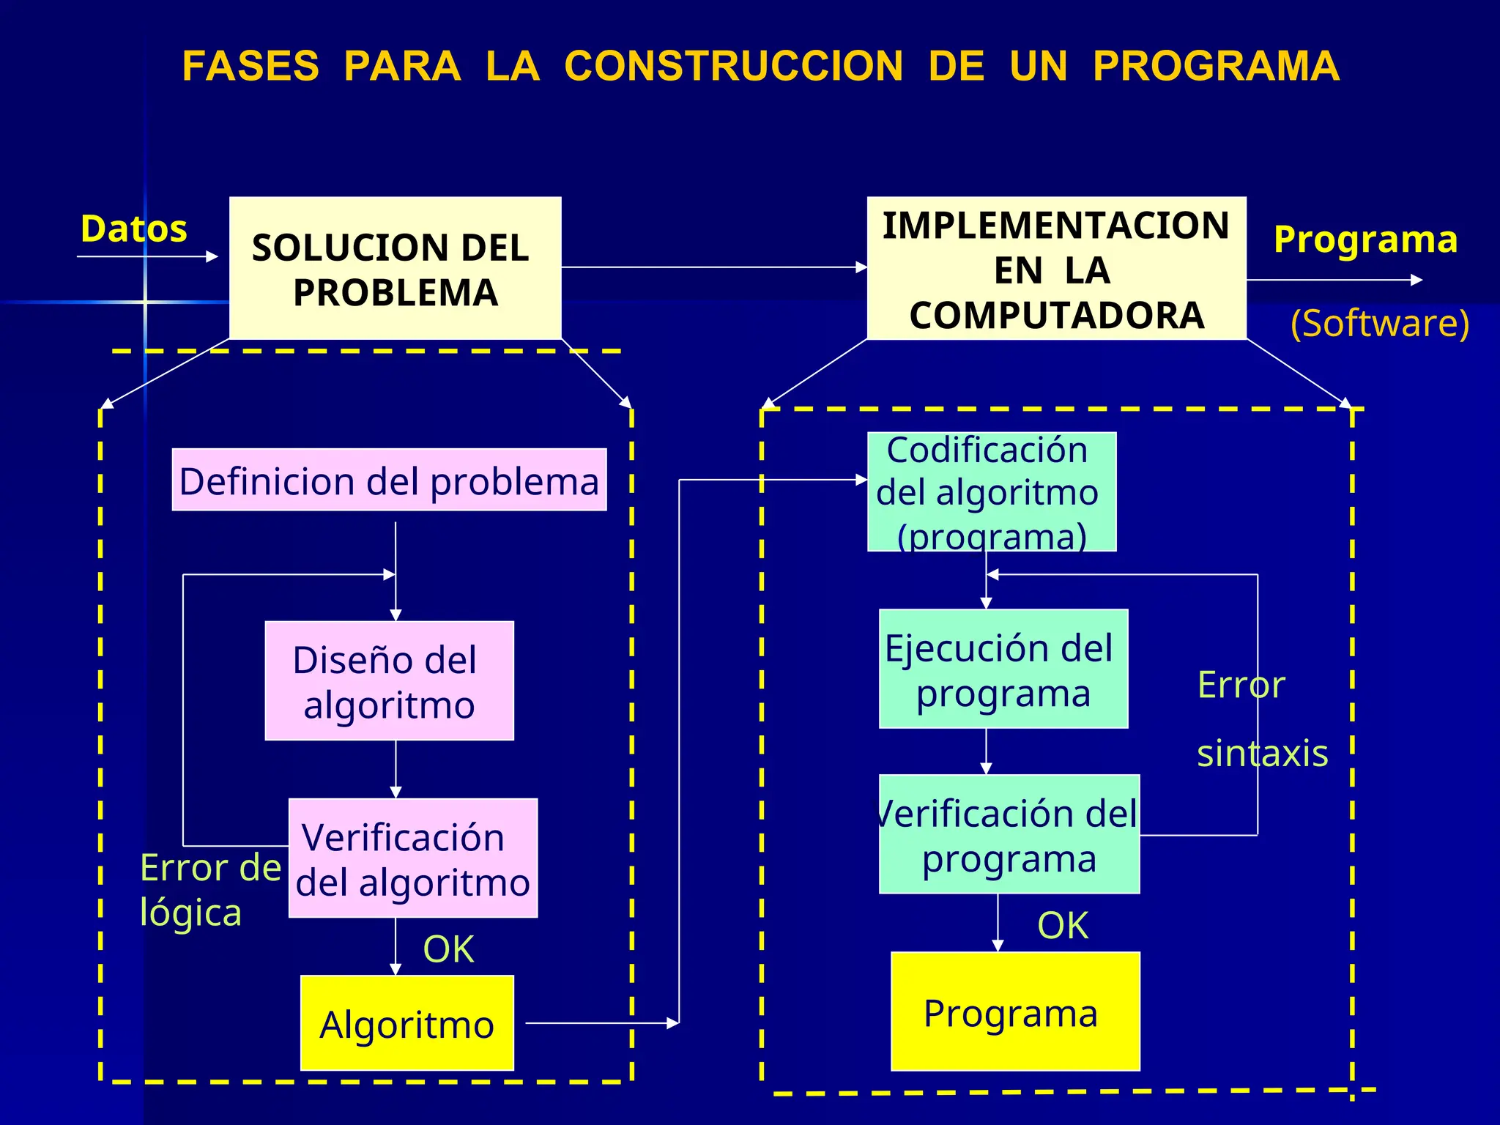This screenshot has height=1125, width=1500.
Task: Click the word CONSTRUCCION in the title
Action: [733, 66]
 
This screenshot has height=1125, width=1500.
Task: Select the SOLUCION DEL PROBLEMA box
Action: [395, 268]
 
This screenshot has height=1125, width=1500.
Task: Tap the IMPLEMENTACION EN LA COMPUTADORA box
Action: [1056, 269]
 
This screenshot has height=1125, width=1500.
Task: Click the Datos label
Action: [134, 229]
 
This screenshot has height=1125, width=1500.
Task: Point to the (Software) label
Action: [1380, 323]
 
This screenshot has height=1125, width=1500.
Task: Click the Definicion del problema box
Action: [389, 480]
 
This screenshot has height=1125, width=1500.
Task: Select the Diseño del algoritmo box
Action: [389, 681]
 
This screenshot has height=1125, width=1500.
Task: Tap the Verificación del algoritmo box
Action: [413, 858]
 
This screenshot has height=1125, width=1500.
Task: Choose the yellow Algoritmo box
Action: [407, 1023]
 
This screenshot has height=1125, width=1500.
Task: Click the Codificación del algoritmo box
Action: [991, 491]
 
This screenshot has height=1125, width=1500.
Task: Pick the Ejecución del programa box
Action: [1003, 669]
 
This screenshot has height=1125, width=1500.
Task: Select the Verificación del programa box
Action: [1009, 834]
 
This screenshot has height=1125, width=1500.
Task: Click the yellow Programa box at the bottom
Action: [1014, 1011]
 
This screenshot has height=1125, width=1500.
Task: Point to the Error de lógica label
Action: [209, 889]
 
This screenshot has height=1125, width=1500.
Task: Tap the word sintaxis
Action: [1262, 753]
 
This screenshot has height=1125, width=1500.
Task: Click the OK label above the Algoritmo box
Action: [448, 949]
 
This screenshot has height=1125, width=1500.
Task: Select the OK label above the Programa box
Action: [1063, 925]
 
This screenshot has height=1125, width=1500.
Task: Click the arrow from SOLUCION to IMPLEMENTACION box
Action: [714, 267]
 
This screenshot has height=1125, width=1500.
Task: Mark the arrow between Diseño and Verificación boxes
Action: [396, 769]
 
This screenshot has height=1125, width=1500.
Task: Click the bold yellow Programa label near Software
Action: [1365, 240]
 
